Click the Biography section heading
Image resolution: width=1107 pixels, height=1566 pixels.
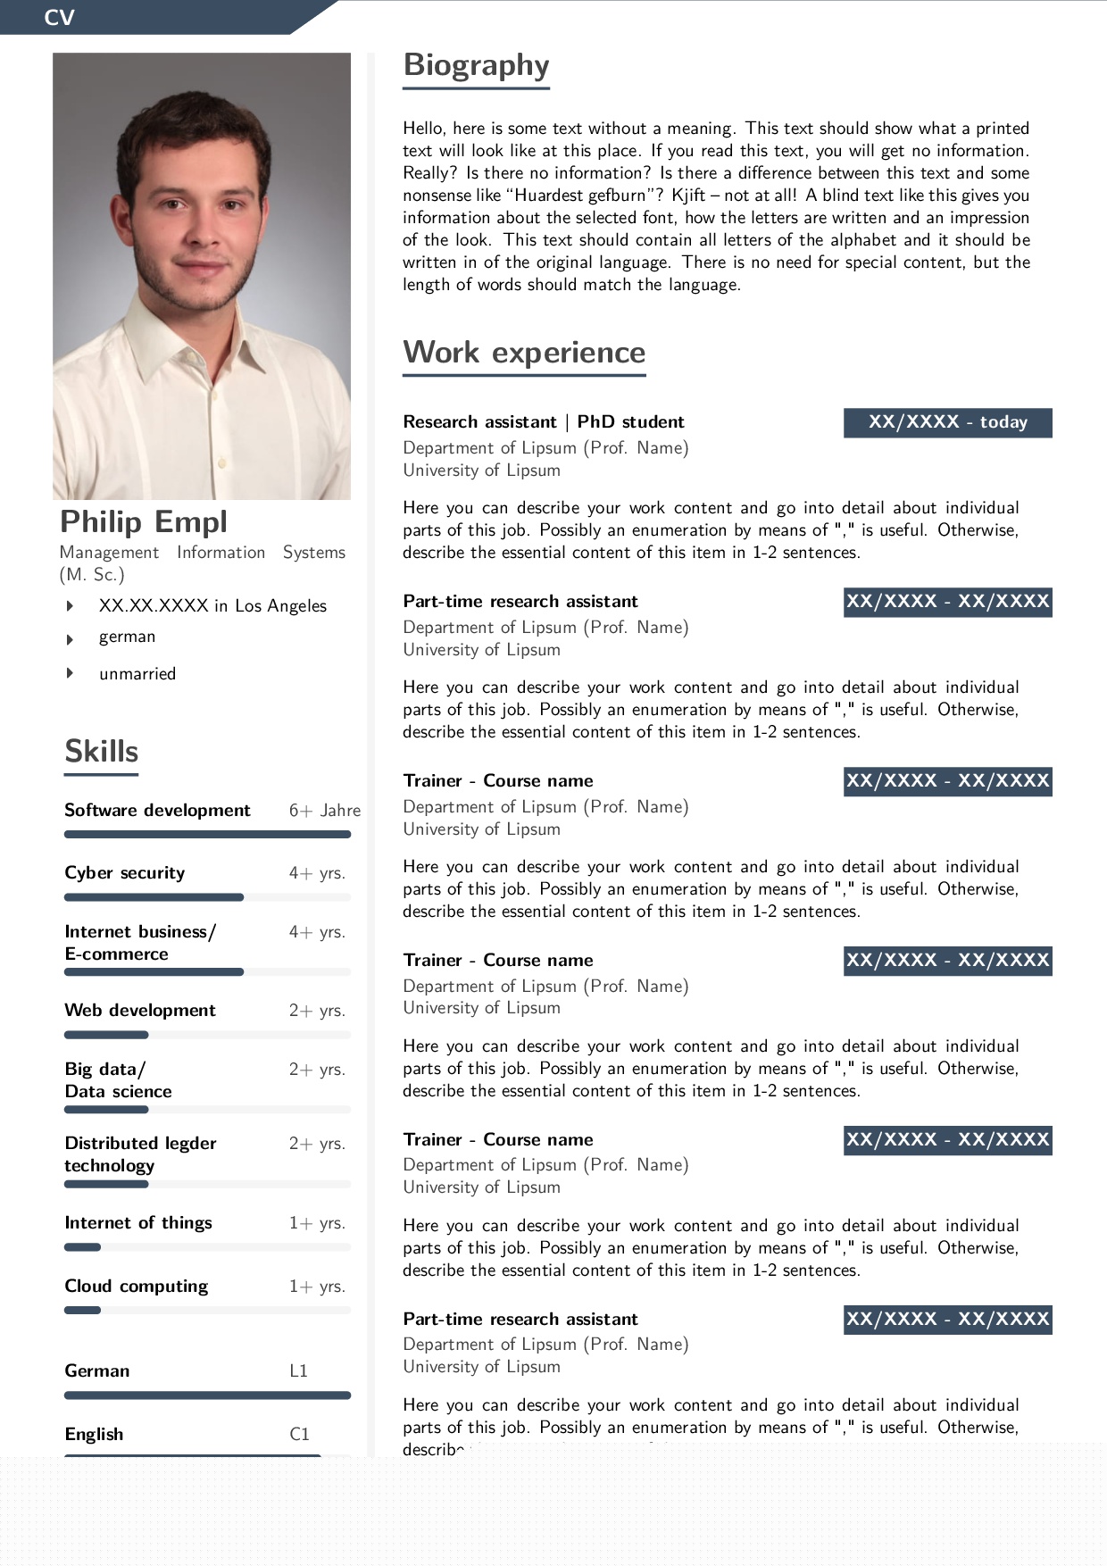point(476,65)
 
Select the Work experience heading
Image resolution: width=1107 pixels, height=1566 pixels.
point(524,353)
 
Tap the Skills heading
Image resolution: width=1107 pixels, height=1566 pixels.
point(102,752)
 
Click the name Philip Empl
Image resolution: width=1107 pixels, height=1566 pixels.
point(144,521)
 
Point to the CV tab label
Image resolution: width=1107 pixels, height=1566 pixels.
point(59,18)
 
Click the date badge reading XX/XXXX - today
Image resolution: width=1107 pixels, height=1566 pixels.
point(947,422)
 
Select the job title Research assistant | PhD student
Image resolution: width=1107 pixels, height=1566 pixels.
point(543,422)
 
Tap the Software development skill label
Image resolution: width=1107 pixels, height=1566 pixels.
point(157,811)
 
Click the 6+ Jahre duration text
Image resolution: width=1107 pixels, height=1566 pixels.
point(325,811)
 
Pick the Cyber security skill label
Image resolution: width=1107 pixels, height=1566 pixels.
point(125,873)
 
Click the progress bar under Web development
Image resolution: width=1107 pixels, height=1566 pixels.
point(106,1035)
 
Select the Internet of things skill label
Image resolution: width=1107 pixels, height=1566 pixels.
point(138,1223)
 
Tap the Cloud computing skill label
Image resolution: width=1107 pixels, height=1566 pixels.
point(137,1287)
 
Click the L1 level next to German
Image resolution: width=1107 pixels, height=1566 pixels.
point(299,1371)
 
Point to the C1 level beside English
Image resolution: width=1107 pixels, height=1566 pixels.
point(299,1435)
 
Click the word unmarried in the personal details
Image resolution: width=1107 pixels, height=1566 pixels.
point(137,674)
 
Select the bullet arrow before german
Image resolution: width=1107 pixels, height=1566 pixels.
point(70,639)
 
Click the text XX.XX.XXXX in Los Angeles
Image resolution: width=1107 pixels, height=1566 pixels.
point(212,606)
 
